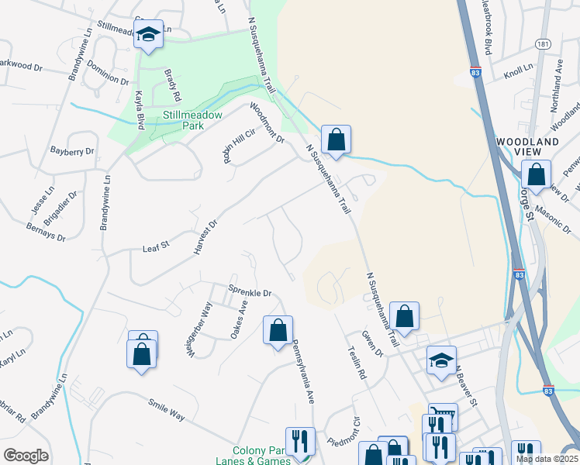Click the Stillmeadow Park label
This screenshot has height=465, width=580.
(x=192, y=122)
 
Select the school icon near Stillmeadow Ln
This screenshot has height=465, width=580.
(x=148, y=35)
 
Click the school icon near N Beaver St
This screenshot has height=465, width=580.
(x=441, y=360)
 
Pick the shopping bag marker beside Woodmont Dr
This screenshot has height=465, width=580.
(x=336, y=140)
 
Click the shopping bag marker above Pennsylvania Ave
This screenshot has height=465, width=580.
(x=278, y=331)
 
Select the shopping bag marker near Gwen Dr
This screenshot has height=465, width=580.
(x=404, y=317)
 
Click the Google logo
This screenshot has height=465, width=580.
(x=26, y=456)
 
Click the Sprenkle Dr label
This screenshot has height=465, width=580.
(x=250, y=293)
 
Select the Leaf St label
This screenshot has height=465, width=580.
(x=155, y=248)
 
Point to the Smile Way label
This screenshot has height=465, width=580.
(x=167, y=410)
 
